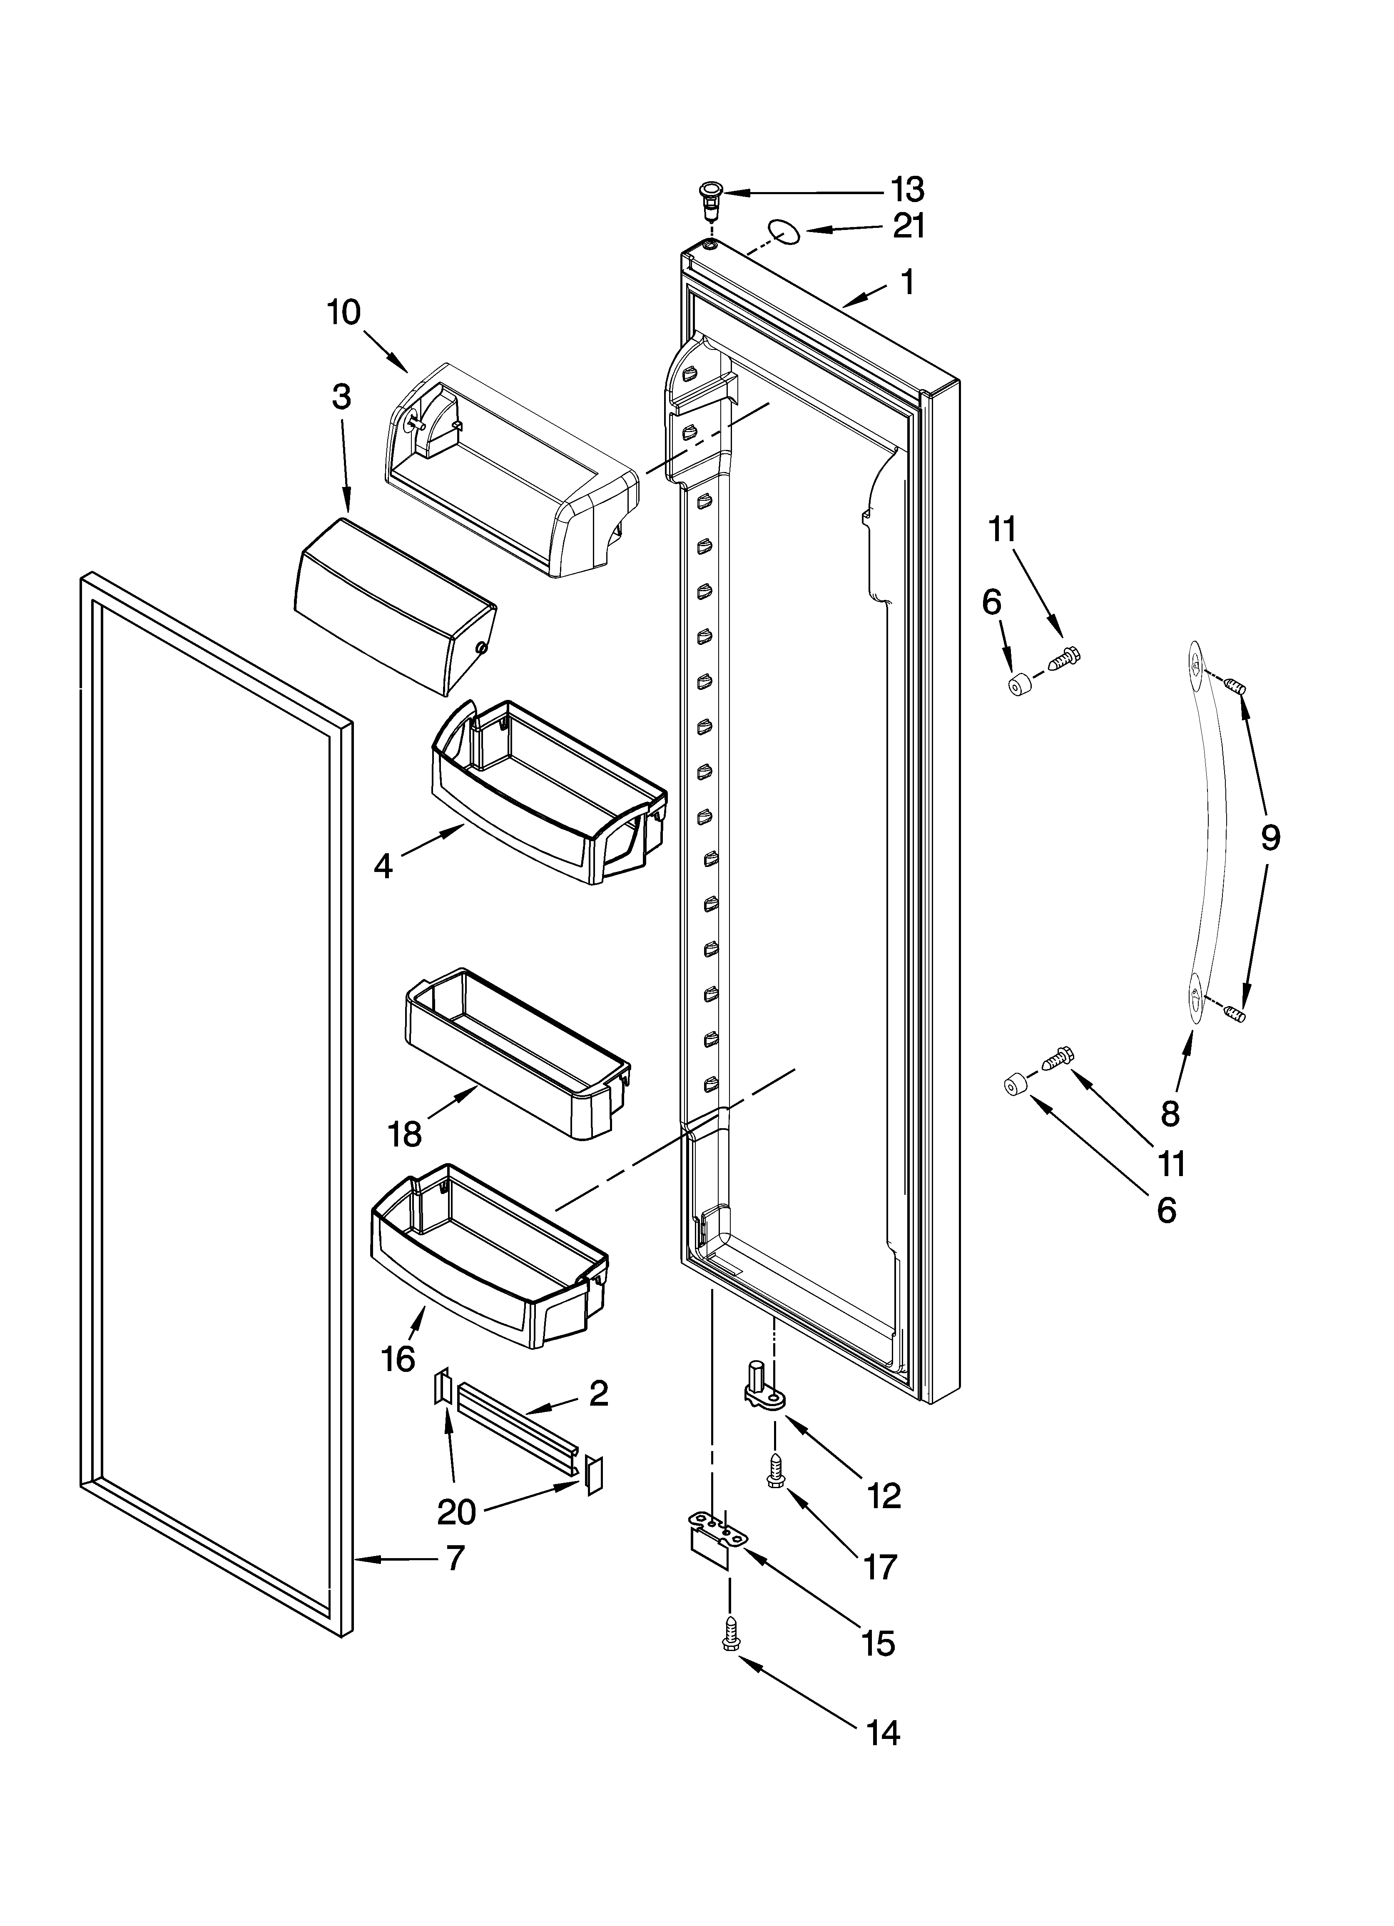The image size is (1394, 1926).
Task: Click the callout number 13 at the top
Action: tap(907, 190)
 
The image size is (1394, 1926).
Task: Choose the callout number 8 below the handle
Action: tap(1171, 1113)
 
